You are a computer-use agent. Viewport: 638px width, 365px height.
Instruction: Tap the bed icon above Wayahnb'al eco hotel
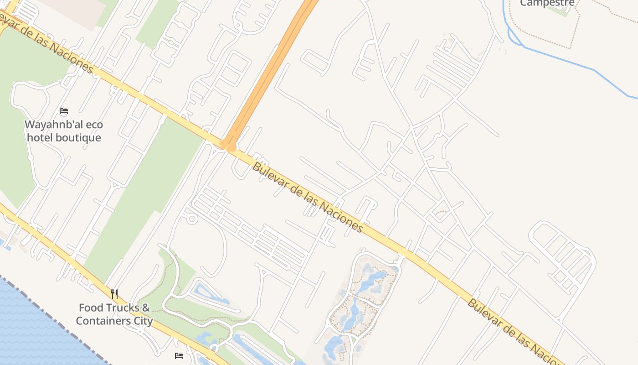point(64,111)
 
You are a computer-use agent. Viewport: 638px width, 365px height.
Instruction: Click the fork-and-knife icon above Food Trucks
point(114,294)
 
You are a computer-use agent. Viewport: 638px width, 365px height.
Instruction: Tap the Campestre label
point(547,3)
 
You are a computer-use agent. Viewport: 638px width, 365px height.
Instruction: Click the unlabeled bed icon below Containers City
point(179,355)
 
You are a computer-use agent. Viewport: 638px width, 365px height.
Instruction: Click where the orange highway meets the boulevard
point(228,145)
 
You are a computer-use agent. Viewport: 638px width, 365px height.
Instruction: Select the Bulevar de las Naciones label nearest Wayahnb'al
point(46,42)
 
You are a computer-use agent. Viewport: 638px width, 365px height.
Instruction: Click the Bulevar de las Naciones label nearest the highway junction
point(308,198)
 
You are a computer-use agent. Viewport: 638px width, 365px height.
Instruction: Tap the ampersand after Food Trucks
point(146,308)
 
